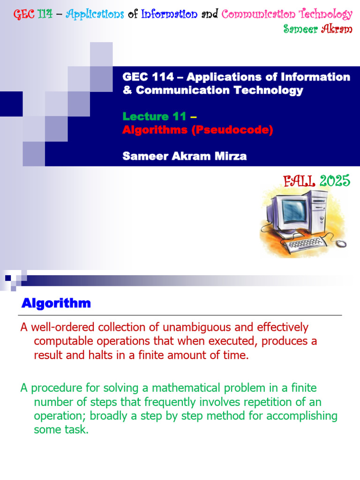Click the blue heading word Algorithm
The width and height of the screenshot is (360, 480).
click(x=56, y=303)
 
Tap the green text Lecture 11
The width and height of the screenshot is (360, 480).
click(x=154, y=116)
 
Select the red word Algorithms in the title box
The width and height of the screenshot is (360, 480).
click(x=155, y=130)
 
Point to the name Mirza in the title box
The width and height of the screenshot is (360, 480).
click(x=231, y=156)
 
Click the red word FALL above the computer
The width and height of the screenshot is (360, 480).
click(x=299, y=181)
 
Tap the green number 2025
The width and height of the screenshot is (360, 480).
click(x=335, y=181)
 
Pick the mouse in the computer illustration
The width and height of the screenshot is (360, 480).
click(x=341, y=243)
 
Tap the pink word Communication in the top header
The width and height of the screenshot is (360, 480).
click(x=258, y=14)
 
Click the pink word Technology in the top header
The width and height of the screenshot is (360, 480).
click(x=326, y=14)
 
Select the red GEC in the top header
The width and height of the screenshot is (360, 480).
click(x=24, y=14)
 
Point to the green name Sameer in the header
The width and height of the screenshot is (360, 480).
click(x=300, y=29)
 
